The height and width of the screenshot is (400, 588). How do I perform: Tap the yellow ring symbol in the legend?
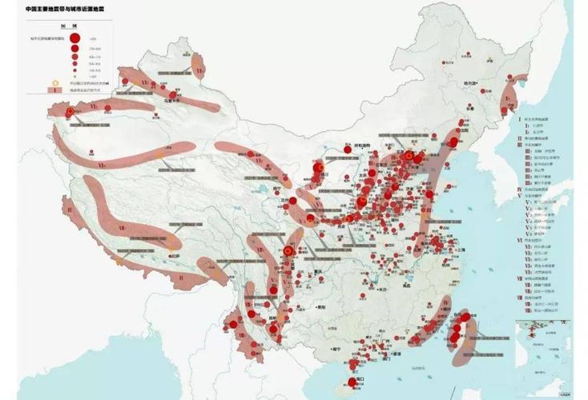[54, 82]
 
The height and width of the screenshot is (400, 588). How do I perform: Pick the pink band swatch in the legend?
[54, 90]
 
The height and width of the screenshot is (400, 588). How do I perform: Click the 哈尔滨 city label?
[478, 83]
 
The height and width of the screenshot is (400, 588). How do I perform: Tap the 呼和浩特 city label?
[364, 146]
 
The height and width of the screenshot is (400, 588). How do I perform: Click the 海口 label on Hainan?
[357, 378]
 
